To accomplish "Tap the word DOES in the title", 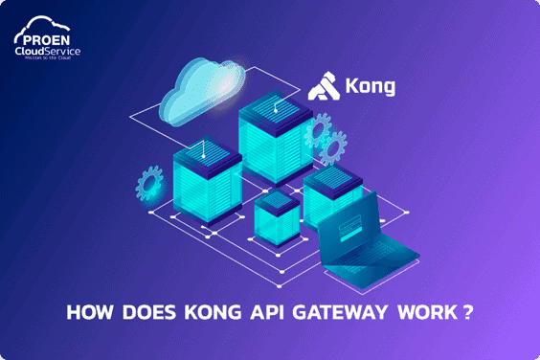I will click(142, 312).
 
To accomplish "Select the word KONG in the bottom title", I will click(202, 312).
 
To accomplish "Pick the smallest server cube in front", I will click(277, 214).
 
